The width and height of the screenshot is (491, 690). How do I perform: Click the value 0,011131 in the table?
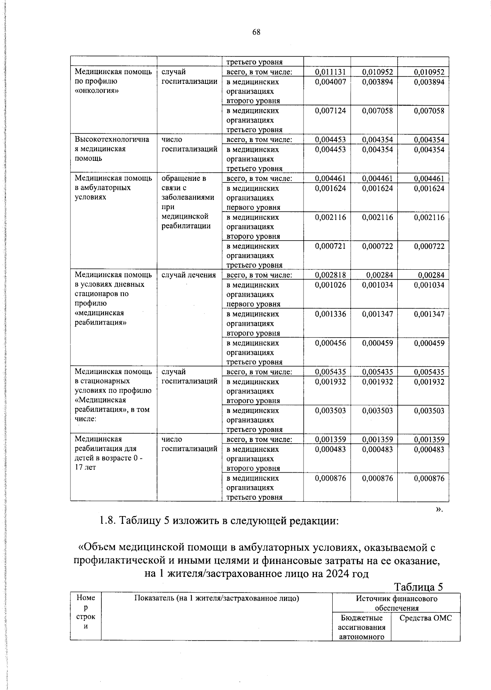tap(330, 72)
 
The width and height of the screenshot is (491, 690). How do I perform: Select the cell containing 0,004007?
tap(330, 82)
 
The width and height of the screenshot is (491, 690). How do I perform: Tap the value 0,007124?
tap(330, 111)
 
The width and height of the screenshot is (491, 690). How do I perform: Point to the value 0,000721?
tap(330, 246)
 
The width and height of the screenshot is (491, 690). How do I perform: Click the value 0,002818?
tap(330, 275)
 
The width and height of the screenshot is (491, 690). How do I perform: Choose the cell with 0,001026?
tap(330, 285)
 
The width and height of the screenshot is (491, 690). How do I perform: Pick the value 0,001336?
tap(330, 314)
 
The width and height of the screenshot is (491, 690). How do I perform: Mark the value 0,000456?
tap(330, 343)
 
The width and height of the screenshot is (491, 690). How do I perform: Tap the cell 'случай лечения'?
tap(189, 275)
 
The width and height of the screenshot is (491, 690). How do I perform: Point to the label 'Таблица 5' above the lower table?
tap(419, 587)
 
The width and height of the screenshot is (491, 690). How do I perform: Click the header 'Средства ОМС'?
tap(426, 618)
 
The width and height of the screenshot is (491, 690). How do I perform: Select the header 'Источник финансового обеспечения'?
tap(396, 603)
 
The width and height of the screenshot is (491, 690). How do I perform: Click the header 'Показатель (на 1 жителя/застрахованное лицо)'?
tap(217, 598)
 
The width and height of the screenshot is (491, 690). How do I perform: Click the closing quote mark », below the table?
tap(439, 509)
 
